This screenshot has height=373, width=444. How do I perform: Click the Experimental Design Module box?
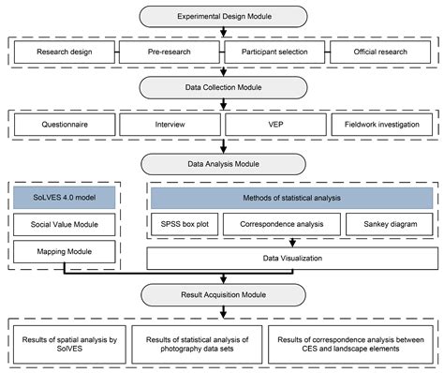(222, 16)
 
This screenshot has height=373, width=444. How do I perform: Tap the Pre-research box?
(171, 52)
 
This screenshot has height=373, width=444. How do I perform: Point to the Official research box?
(379, 52)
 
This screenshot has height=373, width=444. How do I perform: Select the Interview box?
(171, 124)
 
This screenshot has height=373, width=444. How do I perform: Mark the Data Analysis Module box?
(222, 160)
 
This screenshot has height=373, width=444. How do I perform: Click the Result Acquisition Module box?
(222, 296)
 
